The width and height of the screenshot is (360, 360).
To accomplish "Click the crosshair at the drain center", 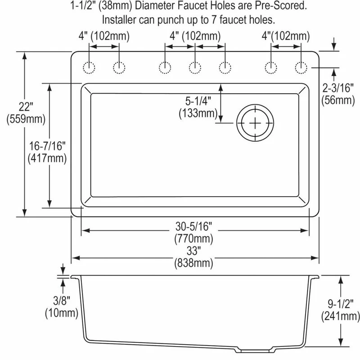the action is click(x=255, y=123).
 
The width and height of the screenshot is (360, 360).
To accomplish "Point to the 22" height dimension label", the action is click(x=26, y=107).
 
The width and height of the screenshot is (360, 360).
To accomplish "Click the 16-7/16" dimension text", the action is click(x=47, y=145).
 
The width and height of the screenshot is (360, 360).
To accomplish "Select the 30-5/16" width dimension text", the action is click(x=193, y=226).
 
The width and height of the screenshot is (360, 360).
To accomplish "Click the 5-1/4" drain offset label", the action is click(x=198, y=101).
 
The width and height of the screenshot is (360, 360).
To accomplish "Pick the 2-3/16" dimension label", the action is click(x=338, y=88).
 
